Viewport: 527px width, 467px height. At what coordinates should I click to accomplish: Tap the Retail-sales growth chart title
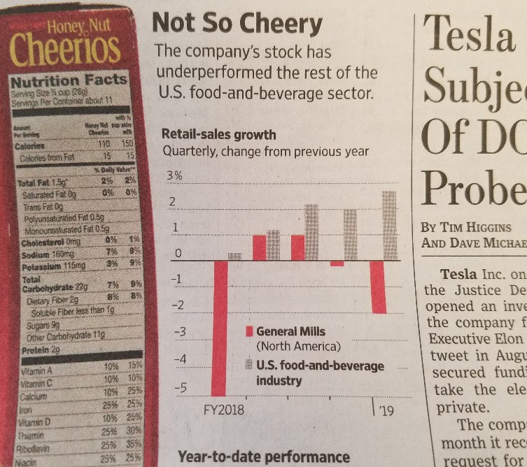coord(218,134)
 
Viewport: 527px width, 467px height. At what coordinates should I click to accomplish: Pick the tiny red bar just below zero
coord(337,264)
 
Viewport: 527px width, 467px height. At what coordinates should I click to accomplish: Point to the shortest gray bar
coord(235,257)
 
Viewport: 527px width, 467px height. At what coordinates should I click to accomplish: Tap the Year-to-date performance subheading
coord(264,457)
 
